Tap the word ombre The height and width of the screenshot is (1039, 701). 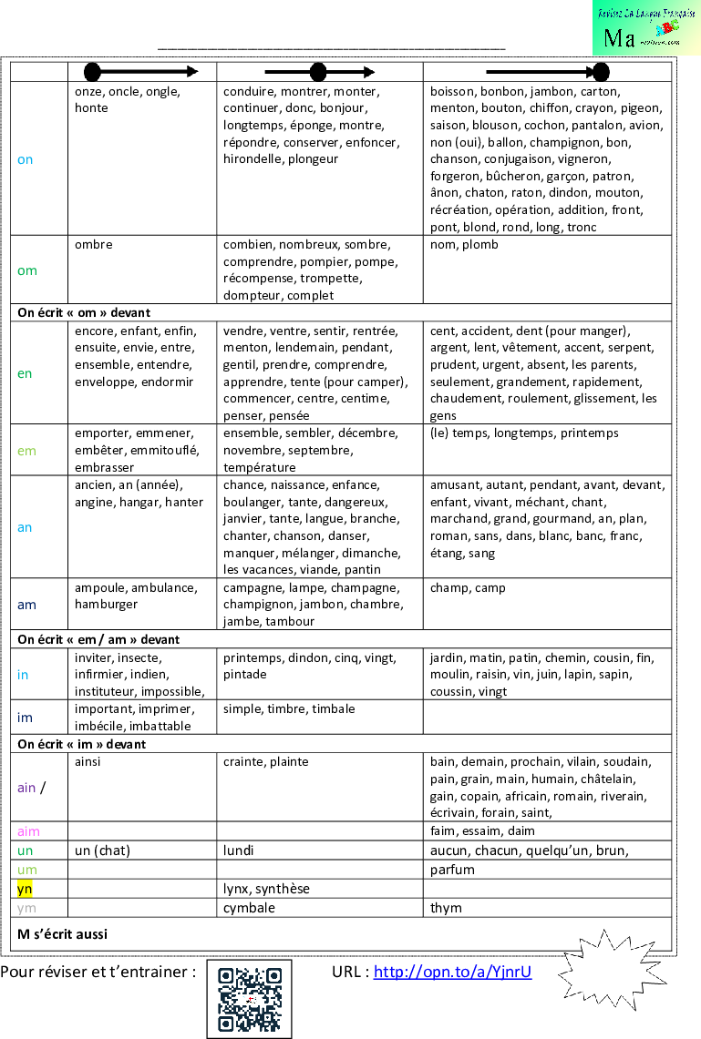(94, 245)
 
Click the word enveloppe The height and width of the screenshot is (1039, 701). (105, 382)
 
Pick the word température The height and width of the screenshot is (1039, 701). (260, 467)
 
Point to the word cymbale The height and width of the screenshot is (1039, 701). (249, 908)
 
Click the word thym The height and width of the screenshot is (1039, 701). (446, 908)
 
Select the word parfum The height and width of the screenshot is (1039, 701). (452, 870)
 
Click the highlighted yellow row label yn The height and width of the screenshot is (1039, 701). (25, 889)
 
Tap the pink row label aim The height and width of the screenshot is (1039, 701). (28, 831)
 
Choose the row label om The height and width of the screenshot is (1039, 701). (27, 270)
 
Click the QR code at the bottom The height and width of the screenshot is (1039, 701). (249, 998)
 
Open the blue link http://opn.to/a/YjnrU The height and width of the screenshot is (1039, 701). (452, 972)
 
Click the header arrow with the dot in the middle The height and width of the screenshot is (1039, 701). (319, 73)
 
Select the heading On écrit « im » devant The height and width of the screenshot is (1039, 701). (82, 744)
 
